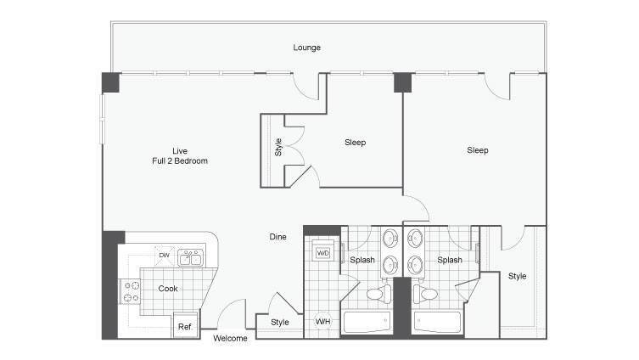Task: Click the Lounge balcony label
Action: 306,48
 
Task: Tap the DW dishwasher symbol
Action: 165,256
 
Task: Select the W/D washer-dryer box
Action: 322,253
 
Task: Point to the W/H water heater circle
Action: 322,321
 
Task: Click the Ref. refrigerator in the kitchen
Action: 186,325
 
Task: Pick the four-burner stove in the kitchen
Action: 130,291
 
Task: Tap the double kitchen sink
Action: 190,257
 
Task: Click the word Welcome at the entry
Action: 230,339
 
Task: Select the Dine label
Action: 278,237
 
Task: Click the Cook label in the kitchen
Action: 168,288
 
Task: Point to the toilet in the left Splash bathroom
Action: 379,294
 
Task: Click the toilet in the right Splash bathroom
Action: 425,294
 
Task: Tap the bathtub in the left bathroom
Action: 367,322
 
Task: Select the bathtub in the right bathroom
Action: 437,322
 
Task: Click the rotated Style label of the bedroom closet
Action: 278,148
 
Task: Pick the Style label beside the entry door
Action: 280,322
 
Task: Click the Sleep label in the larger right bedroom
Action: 478,150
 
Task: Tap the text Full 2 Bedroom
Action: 180,161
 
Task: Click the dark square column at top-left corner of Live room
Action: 110,82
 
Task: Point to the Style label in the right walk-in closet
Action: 517,276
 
